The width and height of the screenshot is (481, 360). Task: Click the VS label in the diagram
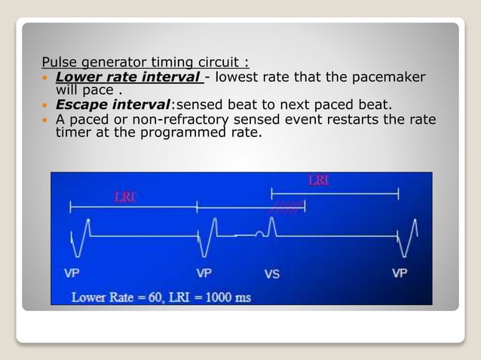point(271,273)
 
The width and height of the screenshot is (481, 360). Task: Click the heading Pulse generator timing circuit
point(146,62)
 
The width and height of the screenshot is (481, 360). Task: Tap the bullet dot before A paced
point(47,121)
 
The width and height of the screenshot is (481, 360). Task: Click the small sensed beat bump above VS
point(260,232)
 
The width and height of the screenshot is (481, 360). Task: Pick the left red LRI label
point(125,197)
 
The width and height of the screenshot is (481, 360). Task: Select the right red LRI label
point(319,180)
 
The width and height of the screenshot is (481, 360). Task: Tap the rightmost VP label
point(400,273)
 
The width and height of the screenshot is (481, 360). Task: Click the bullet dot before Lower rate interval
point(47,78)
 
